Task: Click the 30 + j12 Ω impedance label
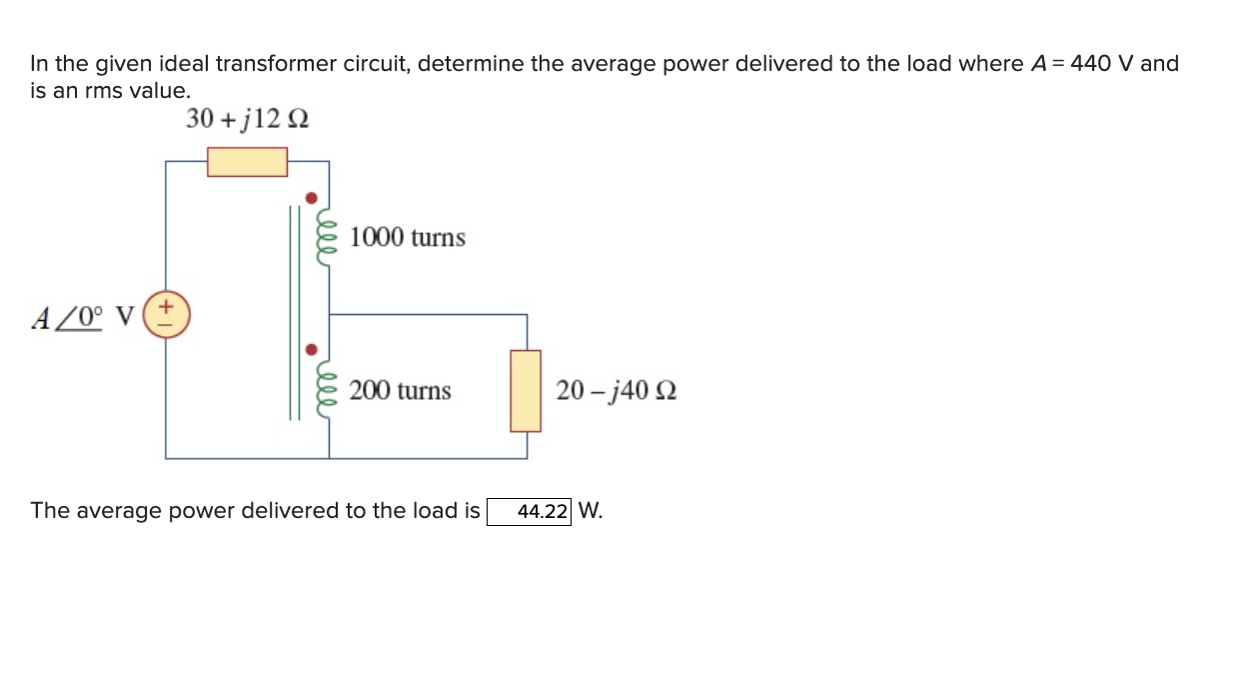pos(247,119)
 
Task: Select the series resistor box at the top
pos(247,162)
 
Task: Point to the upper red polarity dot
pos(312,198)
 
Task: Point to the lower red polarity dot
pos(312,351)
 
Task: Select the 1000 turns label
pos(408,238)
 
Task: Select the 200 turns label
pos(400,391)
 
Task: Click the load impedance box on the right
pos(526,391)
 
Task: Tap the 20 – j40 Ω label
pos(616,391)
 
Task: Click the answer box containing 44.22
pos(529,512)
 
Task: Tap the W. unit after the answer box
pos(591,511)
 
